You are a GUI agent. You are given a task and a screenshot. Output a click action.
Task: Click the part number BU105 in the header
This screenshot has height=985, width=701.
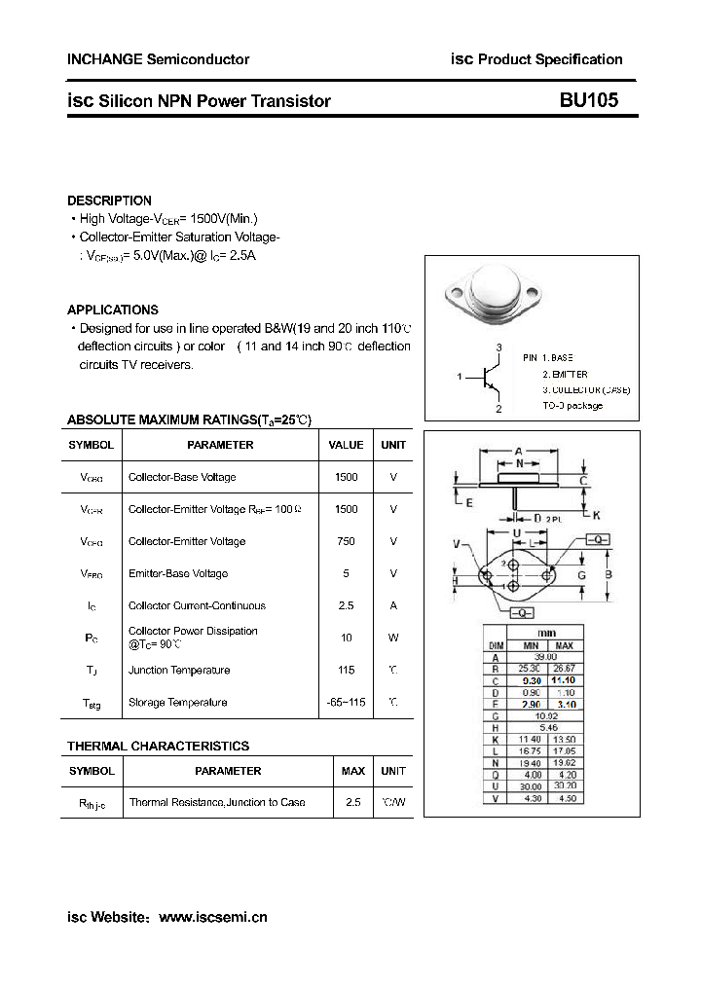click(588, 100)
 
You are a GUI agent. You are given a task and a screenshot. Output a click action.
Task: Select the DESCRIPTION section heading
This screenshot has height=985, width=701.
click(109, 201)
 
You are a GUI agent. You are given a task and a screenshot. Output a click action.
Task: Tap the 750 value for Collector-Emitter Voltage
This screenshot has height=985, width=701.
click(346, 541)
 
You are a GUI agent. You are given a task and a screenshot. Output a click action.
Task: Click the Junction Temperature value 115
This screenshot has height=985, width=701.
click(346, 670)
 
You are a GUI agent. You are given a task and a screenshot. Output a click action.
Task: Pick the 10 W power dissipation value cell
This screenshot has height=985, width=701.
click(346, 638)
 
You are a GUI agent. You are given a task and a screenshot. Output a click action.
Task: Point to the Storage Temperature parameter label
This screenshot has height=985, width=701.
click(177, 702)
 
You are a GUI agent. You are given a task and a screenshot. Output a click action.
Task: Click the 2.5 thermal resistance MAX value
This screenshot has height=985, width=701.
click(352, 802)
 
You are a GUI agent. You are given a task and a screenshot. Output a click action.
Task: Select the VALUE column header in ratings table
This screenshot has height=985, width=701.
click(346, 445)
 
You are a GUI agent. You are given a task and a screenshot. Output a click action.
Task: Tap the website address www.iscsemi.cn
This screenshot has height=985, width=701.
click(212, 917)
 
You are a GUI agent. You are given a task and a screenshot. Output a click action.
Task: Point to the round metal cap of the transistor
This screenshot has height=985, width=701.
click(494, 290)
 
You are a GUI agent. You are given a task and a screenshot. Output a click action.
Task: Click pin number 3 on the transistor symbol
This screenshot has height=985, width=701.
click(498, 347)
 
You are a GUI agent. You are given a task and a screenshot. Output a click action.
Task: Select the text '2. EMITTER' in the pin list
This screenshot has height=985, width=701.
click(565, 374)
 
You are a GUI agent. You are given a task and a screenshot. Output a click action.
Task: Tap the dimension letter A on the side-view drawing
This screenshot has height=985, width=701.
click(519, 451)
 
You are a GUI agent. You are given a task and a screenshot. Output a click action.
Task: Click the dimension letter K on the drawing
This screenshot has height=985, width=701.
click(596, 515)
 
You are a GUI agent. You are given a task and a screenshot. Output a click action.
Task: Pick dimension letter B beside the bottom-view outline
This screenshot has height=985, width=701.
click(609, 575)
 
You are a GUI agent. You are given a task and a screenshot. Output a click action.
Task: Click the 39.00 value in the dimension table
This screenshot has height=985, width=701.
click(546, 658)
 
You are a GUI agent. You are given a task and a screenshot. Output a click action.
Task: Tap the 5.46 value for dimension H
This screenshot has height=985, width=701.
click(546, 727)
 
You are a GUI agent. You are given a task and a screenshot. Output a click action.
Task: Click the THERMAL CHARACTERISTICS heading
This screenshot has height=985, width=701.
click(158, 747)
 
